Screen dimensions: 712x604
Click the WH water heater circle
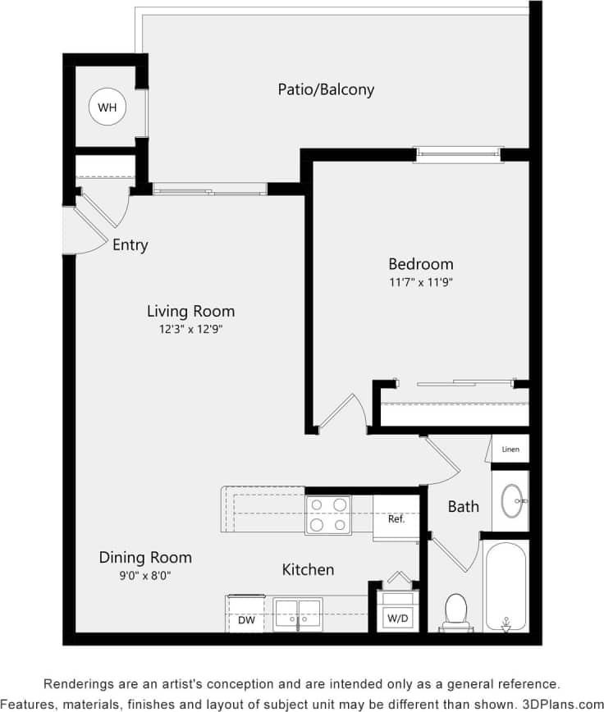pyautogui.click(x=108, y=107)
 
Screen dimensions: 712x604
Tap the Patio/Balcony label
pyautogui.click(x=326, y=89)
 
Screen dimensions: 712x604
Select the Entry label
pyautogui.click(x=130, y=244)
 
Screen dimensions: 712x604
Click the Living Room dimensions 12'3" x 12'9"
pyautogui.click(x=190, y=329)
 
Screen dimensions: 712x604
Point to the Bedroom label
pyautogui.click(x=420, y=264)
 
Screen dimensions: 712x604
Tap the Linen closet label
pyautogui.click(x=510, y=450)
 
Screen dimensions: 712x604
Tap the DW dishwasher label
pyautogui.click(x=246, y=621)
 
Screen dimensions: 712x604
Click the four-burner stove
pyautogui.click(x=328, y=515)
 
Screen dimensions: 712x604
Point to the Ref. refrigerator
pyautogui.click(x=397, y=519)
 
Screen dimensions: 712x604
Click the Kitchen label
pyautogui.click(x=308, y=569)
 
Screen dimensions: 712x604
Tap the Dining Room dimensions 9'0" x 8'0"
pyautogui.click(x=145, y=575)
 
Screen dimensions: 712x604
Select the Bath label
pyautogui.click(x=463, y=507)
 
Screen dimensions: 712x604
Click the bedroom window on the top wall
pyautogui.click(x=458, y=153)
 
